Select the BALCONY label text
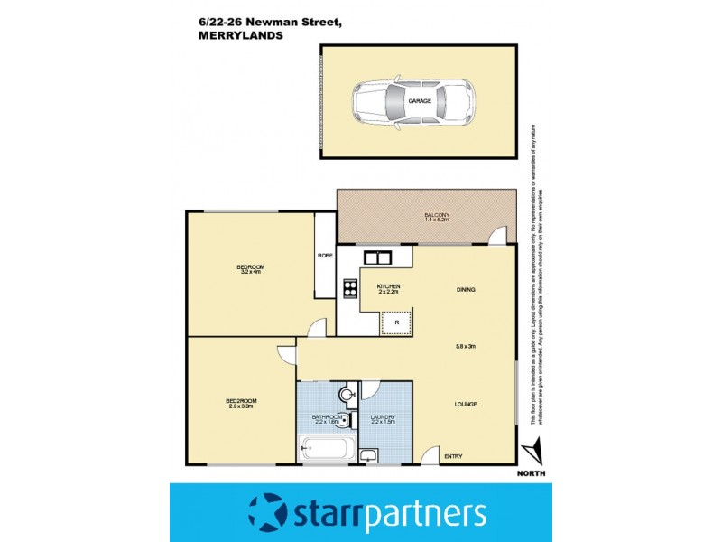pyautogui.click(x=437, y=214)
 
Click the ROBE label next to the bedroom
pyautogui.click(x=325, y=256)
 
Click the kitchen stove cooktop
pyautogui.click(x=348, y=290)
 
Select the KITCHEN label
pyautogui.click(x=389, y=287)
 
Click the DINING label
pyautogui.click(x=466, y=290)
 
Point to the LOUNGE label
pyautogui.click(x=466, y=404)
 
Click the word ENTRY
pyautogui.click(x=453, y=456)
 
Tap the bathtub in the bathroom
pyautogui.click(x=328, y=447)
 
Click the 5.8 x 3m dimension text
pyautogui.click(x=466, y=347)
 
